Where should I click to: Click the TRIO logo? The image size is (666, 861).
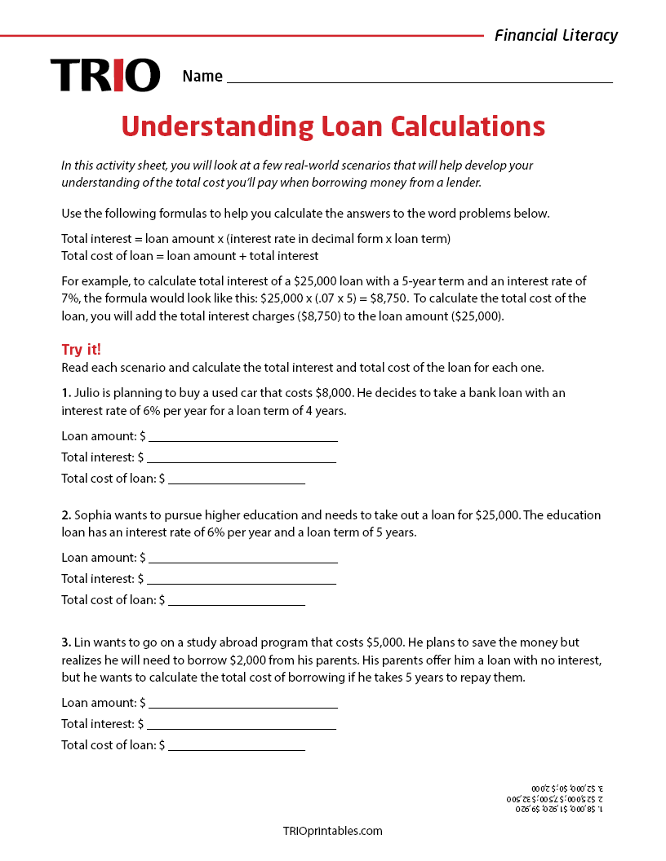pos(105,75)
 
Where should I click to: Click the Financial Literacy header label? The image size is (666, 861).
pos(556,35)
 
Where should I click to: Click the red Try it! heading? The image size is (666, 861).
pos(82,349)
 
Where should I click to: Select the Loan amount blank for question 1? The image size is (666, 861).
pos(243,437)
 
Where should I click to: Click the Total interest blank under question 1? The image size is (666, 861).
pos(241,458)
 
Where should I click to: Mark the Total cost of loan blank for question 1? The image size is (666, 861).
pos(237,479)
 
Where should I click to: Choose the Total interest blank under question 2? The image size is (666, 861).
pos(241,580)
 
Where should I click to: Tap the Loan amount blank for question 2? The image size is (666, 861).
pos(243,559)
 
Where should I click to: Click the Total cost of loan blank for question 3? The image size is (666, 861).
pos(237,745)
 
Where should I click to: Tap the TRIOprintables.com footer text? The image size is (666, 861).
pos(332,831)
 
